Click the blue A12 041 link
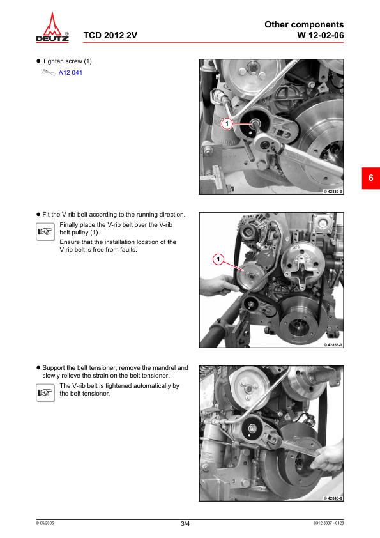(70, 72)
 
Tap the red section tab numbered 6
(371, 178)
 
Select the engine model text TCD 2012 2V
(110, 35)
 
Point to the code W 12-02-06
(321, 35)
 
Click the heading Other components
(304, 24)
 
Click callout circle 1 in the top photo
(227, 123)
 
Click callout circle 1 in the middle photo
(218, 259)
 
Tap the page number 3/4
(185, 523)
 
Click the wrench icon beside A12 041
(49, 72)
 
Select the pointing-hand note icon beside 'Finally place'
(45, 231)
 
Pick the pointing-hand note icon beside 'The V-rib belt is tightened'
(45, 392)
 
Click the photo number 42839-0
(333, 192)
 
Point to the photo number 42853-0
(333, 345)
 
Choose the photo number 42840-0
(333, 498)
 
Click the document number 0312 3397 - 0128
(328, 523)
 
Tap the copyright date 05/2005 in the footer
(45, 523)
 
